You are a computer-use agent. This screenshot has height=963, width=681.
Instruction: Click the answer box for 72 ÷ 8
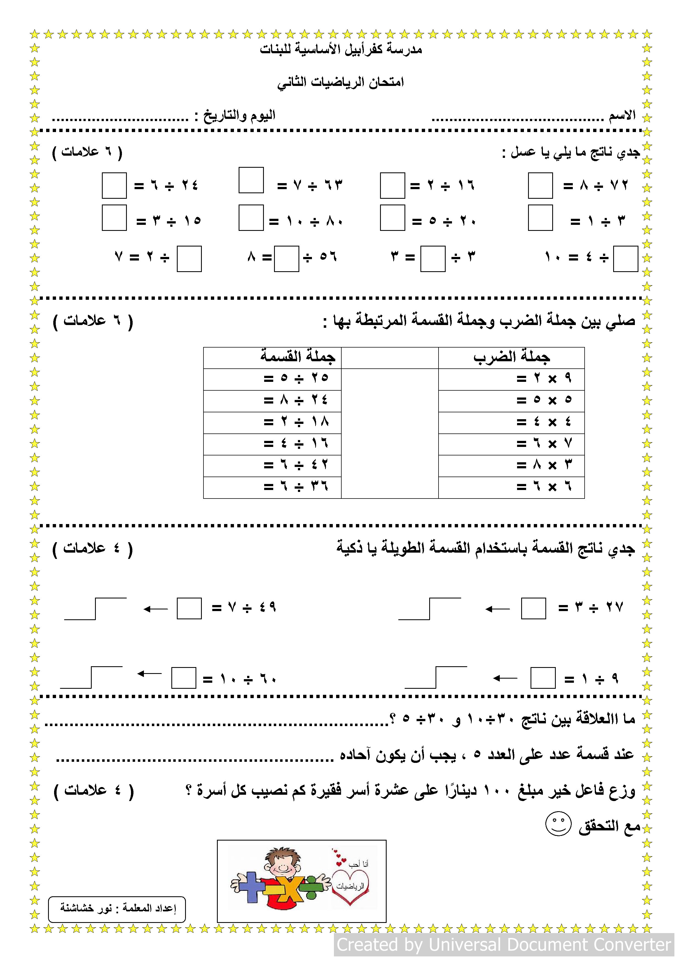(x=540, y=185)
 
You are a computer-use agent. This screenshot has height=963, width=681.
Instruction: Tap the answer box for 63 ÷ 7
(x=251, y=180)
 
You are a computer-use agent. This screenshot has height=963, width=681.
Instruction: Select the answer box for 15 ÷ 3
(x=114, y=218)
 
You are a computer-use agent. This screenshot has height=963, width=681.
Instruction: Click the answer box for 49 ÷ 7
(x=189, y=608)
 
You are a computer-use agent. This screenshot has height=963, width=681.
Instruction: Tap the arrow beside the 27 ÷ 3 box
(x=497, y=609)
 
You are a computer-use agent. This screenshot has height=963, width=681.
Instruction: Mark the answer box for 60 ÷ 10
(x=184, y=678)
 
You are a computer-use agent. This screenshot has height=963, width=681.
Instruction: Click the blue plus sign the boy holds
(x=251, y=887)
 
